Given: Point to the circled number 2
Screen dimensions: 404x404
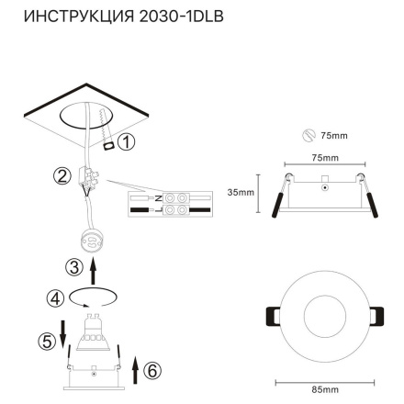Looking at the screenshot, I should pyautogui.click(x=62, y=177).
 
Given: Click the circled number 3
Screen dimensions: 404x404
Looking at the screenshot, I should pyautogui.click(x=75, y=267).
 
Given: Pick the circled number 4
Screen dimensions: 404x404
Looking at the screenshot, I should pyautogui.click(x=56, y=297).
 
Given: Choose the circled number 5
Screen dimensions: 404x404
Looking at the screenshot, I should pyautogui.click(x=46, y=341).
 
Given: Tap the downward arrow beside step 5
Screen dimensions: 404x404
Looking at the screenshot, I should pyautogui.click(x=62, y=331).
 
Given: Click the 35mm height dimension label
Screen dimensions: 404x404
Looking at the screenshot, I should pyautogui.click(x=239, y=193).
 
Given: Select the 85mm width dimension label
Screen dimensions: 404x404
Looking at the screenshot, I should pyautogui.click(x=324, y=391).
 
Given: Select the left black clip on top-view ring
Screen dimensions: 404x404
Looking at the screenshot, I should pyautogui.click(x=270, y=314).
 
